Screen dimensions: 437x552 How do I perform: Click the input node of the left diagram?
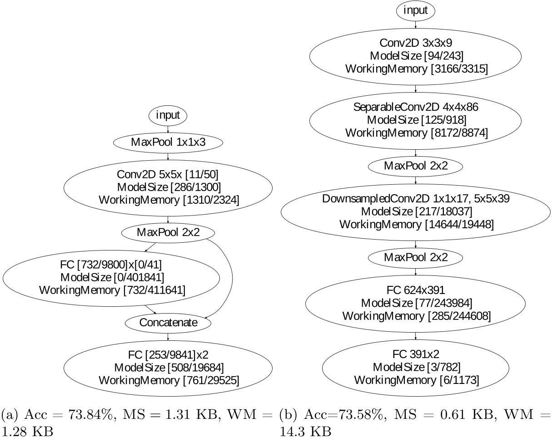point(168,115)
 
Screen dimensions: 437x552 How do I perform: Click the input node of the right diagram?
point(416,10)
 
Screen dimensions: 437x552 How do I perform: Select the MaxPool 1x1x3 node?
point(168,142)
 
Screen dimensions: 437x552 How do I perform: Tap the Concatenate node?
point(168,323)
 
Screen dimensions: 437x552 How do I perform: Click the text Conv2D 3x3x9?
point(416,44)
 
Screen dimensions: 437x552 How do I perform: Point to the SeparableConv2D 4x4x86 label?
point(416,108)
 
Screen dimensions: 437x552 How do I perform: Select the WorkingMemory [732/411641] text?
point(112,290)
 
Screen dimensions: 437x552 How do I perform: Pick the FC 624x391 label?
point(416,290)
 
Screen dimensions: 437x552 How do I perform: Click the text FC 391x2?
point(416,354)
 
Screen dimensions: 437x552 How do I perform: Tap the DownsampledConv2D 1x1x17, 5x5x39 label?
point(416,199)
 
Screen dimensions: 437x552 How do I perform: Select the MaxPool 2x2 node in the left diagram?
point(168,232)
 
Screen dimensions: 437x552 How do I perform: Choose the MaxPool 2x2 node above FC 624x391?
point(416,257)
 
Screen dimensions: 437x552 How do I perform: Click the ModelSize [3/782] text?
point(416,367)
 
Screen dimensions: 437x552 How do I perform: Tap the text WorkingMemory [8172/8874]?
point(416,133)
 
